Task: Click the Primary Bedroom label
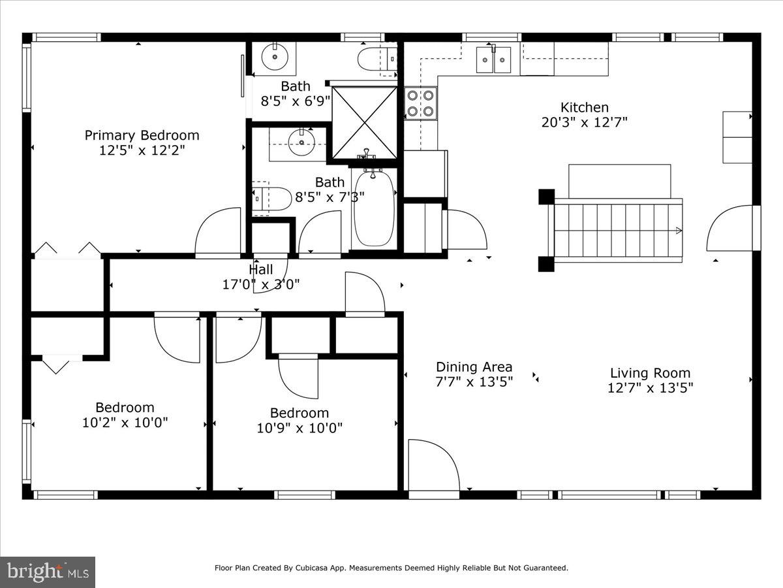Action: (142, 135)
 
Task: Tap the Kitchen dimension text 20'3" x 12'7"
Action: (584, 122)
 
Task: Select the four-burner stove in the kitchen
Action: (420, 103)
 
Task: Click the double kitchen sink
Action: (493, 59)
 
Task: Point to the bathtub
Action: (374, 208)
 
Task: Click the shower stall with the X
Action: (364, 123)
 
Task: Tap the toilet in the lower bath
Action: (272, 198)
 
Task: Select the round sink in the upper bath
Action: (275, 57)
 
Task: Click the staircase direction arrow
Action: (679, 230)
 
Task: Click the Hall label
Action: (260, 270)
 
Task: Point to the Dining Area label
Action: (474, 367)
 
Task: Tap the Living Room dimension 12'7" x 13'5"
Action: (650, 387)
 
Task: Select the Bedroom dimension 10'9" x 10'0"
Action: (299, 428)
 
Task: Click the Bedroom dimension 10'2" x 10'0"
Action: (125, 423)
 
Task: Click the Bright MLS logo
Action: (48, 572)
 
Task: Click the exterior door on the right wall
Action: (731, 228)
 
